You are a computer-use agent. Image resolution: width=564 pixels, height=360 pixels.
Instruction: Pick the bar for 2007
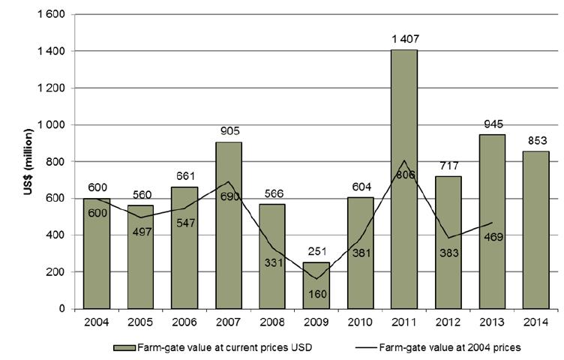tap(229, 225)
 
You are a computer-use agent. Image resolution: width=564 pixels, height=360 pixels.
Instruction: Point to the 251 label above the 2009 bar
tap(316, 253)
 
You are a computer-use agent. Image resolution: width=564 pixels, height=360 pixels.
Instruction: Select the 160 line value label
tap(316, 295)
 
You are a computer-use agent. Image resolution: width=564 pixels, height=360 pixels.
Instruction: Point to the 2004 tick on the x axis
tap(96, 323)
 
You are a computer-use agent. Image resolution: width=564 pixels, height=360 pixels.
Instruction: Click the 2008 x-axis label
tap(273, 323)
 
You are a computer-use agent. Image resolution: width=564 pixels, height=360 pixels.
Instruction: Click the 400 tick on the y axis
tap(54, 235)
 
